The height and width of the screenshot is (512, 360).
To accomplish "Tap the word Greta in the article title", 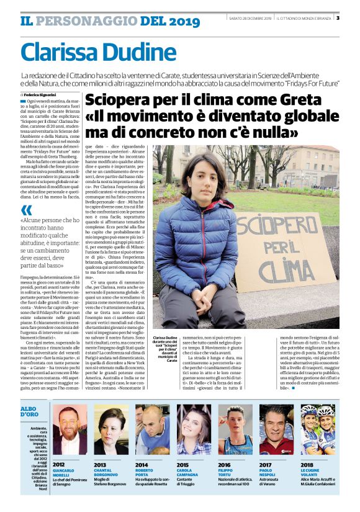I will point(277,101).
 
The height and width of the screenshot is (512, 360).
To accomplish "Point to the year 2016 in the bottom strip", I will point(225,464).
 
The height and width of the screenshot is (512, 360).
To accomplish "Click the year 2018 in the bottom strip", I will point(307,464).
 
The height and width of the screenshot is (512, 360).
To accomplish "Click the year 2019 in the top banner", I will point(168,22).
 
